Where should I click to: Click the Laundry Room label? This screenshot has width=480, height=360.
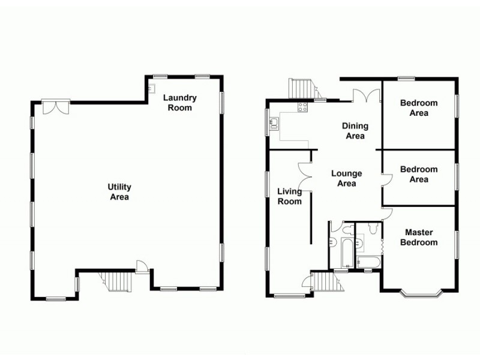[x=180, y=103]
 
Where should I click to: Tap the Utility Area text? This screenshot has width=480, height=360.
[x=120, y=192]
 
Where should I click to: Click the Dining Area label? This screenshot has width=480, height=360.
[x=355, y=131]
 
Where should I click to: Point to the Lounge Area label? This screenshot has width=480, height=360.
[x=347, y=178]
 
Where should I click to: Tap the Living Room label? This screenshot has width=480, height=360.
[x=289, y=196]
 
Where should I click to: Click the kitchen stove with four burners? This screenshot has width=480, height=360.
[x=303, y=107]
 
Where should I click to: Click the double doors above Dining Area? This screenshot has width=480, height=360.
[x=365, y=96]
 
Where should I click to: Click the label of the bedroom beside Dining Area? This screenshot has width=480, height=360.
[x=419, y=107]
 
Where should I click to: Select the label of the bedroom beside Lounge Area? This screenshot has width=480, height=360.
[x=419, y=174]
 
